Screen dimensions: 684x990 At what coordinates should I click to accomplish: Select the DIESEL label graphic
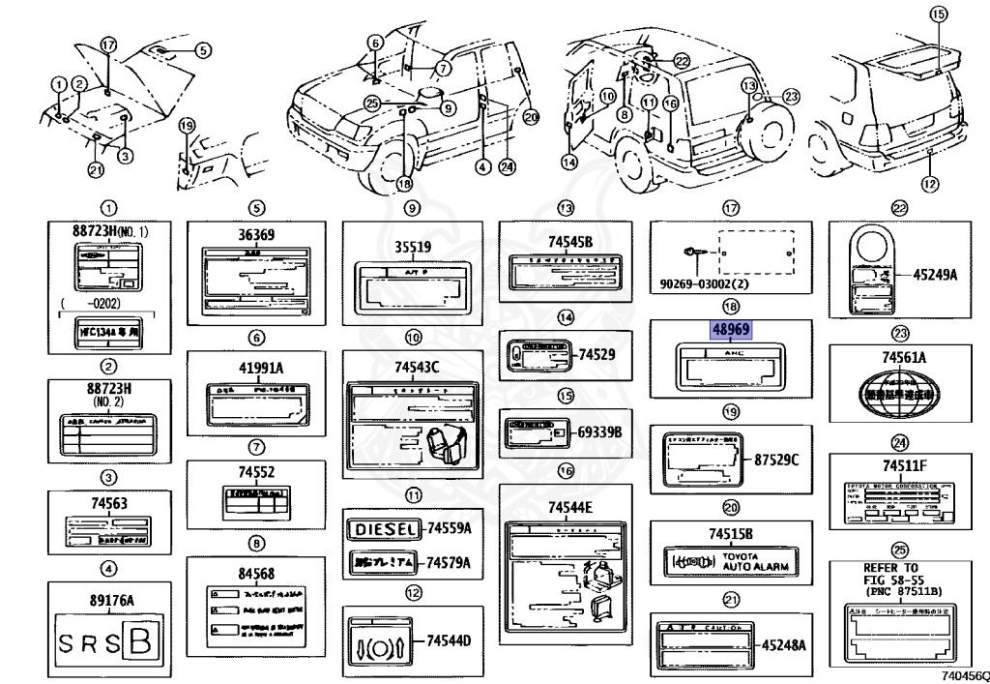(x=383, y=529)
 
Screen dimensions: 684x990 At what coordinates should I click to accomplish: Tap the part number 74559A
(x=450, y=529)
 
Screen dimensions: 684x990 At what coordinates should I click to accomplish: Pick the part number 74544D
(x=451, y=639)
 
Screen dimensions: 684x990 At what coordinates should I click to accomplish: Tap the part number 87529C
(x=776, y=459)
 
